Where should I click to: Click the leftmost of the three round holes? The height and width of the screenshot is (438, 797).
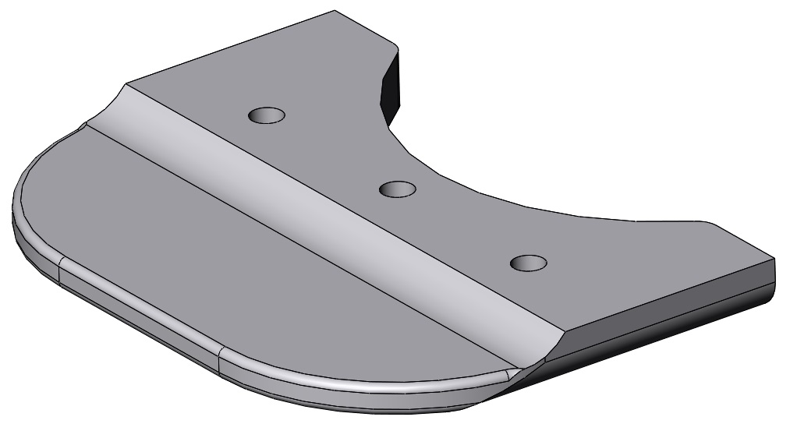pos(267,115)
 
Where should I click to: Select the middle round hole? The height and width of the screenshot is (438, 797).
pos(397,189)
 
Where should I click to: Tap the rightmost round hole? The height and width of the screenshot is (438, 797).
pos(528,263)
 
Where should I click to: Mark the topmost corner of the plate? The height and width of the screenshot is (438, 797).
pos(335,11)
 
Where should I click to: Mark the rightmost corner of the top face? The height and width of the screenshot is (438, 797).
pos(775,259)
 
